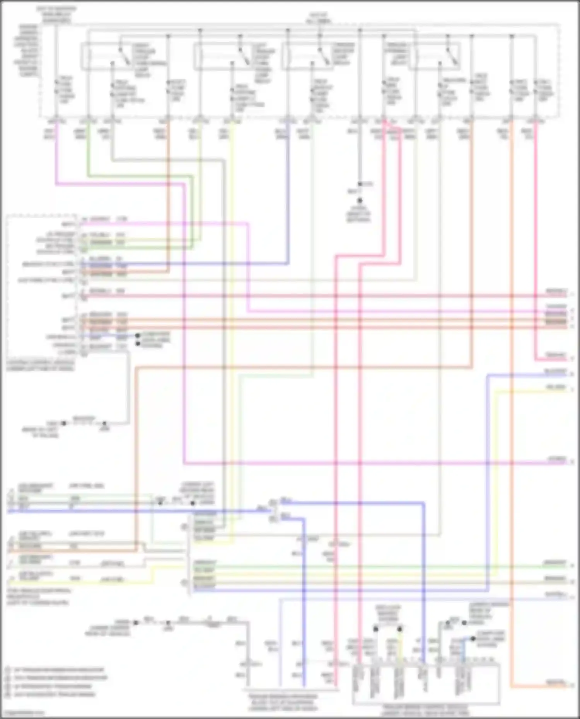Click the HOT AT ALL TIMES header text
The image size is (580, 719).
319,18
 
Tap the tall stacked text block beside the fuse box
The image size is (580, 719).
29,50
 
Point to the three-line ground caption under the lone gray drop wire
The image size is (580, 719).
358,214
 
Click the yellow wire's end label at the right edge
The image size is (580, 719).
556,387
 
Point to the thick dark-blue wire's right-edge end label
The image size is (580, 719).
556,372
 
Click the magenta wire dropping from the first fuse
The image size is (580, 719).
56,155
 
